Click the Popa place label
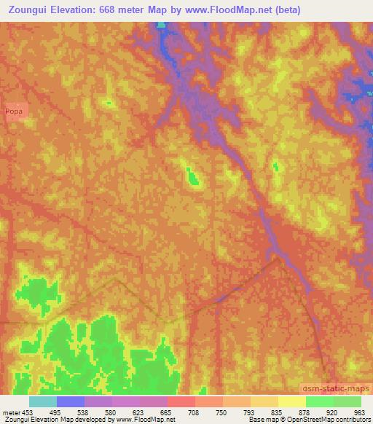pyautogui.click(x=14, y=111)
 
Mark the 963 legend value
pyautogui.click(x=359, y=413)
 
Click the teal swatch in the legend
pyautogui.click(x=42, y=401)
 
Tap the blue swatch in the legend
pyautogui.click(x=70, y=401)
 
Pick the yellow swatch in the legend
pyautogui.click(x=291, y=401)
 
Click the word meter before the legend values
pyautogui.click(x=10, y=413)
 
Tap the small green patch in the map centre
pyautogui.click(x=193, y=176)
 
